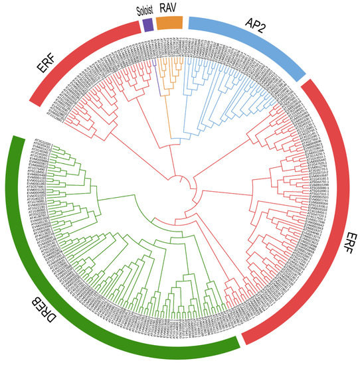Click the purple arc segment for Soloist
tap(147, 24)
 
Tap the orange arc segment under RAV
tap(171, 22)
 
